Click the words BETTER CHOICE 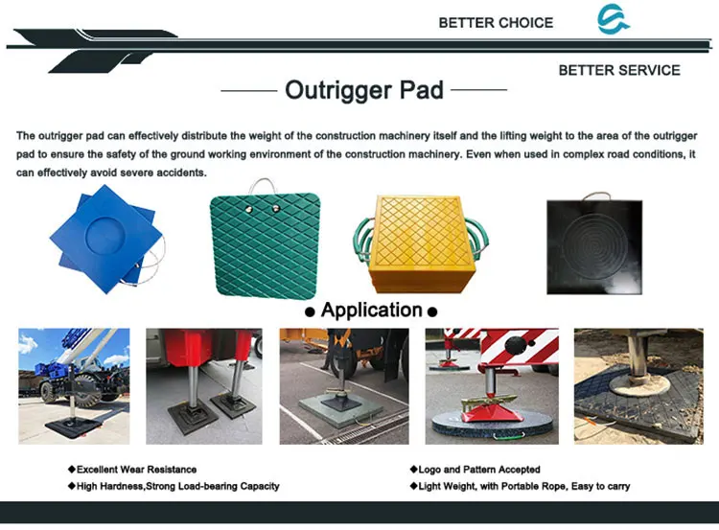coord(496,22)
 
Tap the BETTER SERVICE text coord(618,70)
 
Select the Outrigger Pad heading coord(364,91)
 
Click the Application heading coord(371,310)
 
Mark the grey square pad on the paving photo coord(336,410)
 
